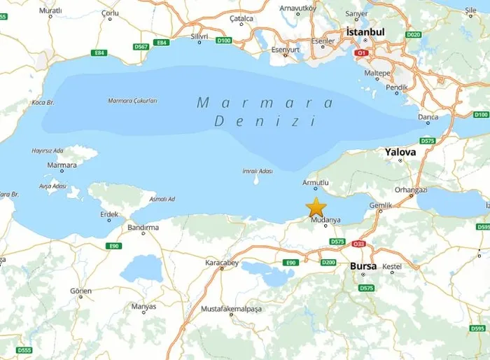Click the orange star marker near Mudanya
coord(316,207)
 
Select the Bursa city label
coord(363,266)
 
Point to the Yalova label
coord(400,152)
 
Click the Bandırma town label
coord(143,228)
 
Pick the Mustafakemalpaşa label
coord(231,308)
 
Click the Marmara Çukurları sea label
coord(132,101)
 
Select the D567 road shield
coord(141,47)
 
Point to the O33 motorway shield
coord(359,244)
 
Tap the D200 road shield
coord(328,262)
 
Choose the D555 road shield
coord(24,350)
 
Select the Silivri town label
coord(200,35)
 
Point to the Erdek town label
coord(109,214)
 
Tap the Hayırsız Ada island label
coord(48,151)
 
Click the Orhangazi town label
coord(411,189)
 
